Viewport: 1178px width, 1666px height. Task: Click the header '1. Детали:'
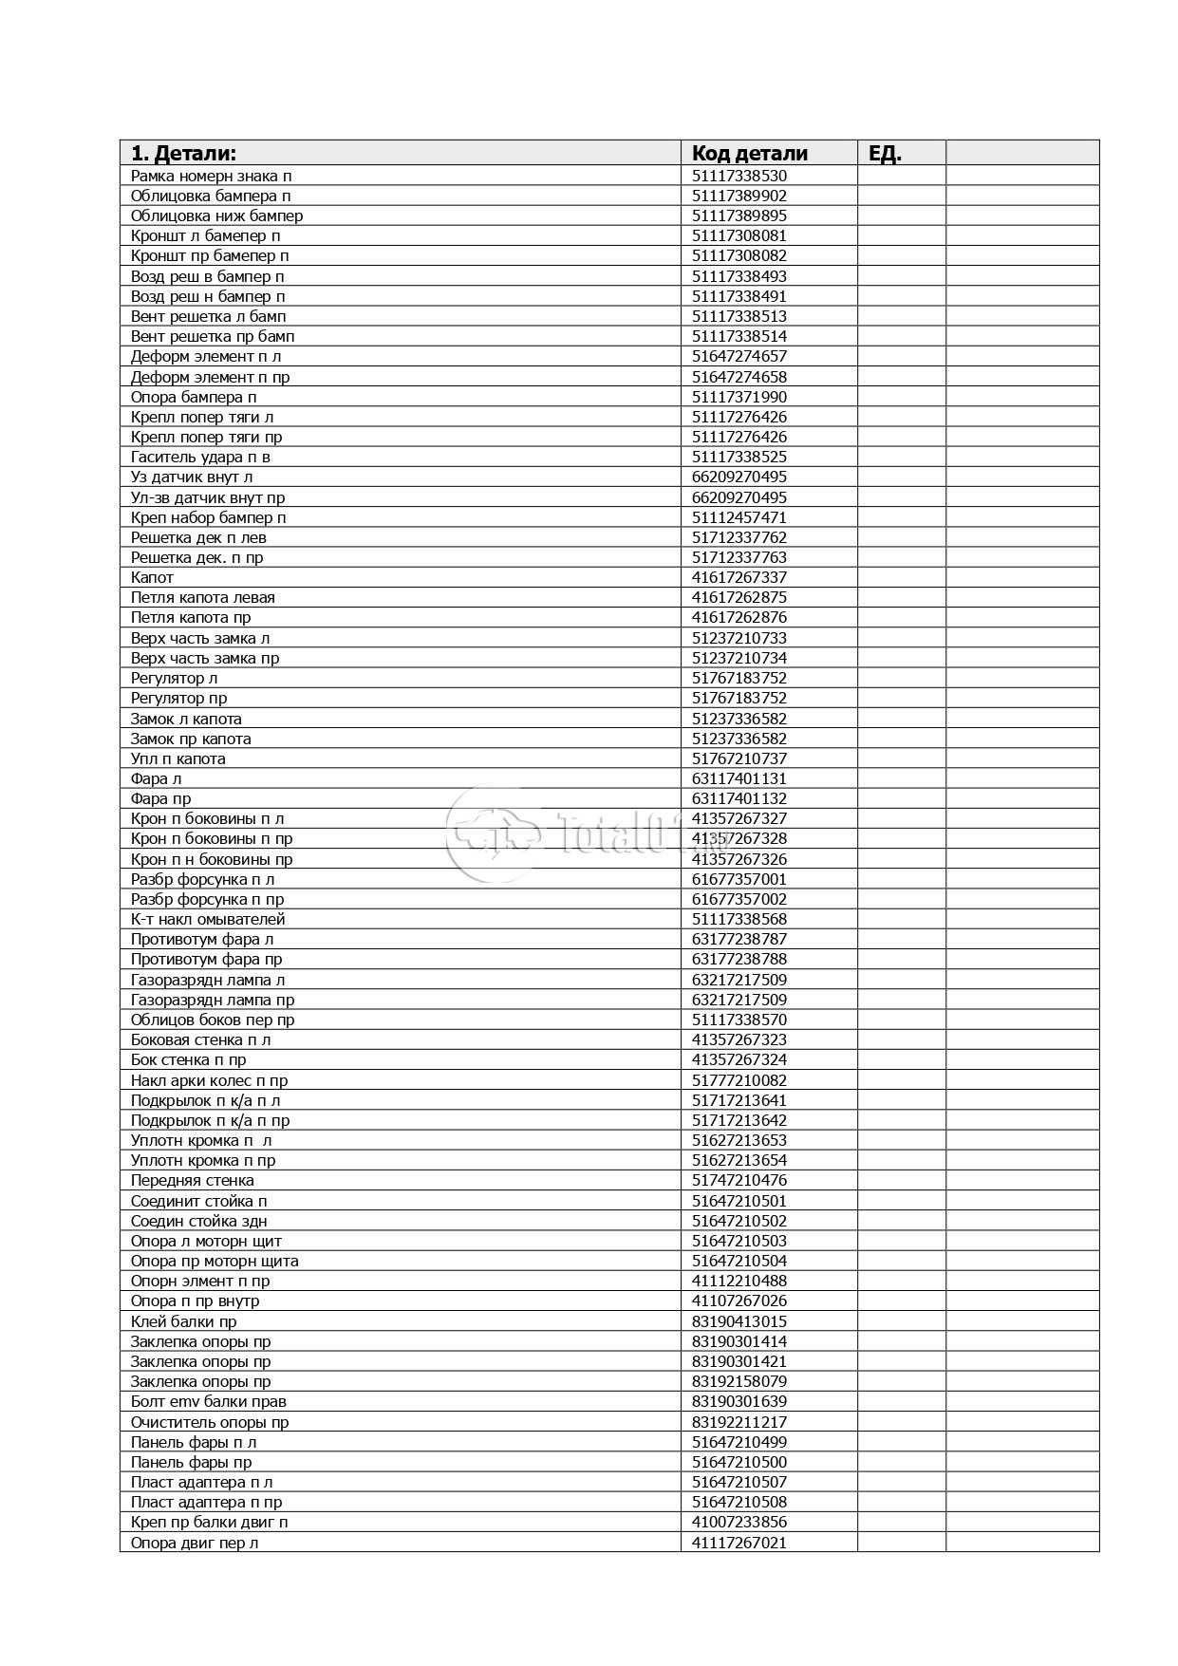(183, 154)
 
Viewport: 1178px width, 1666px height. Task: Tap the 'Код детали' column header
(749, 154)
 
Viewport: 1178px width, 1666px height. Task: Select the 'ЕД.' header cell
(885, 154)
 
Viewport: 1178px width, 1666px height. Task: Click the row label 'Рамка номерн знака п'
(211, 176)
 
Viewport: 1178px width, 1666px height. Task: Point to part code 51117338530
(739, 176)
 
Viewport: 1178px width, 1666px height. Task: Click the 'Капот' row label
(152, 577)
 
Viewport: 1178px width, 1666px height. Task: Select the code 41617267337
(739, 577)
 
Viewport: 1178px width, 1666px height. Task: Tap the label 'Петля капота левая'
(202, 597)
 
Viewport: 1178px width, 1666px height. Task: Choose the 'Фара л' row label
(156, 778)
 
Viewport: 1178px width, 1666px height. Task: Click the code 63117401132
(739, 798)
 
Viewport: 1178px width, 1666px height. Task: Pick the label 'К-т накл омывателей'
(207, 919)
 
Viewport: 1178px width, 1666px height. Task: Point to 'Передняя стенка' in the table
(192, 1180)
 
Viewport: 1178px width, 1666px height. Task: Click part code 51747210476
(739, 1180)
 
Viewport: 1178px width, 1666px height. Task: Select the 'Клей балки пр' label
(183, 1321)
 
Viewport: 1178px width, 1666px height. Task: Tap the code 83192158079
(739, 1381)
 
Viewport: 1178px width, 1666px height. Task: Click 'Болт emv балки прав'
(208, 1401)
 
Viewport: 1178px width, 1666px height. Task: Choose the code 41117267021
(739, 1543)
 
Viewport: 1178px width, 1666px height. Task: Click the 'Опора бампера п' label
(194, 397)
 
